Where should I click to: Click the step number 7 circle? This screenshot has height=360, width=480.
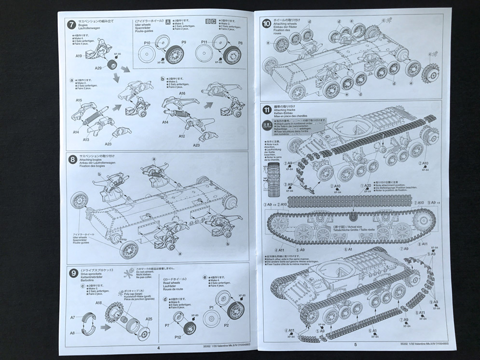pos(71,23)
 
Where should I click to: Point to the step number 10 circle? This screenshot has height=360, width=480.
pos(266,23)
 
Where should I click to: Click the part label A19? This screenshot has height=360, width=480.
pos(79,56)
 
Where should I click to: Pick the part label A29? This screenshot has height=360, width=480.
pos(98,69)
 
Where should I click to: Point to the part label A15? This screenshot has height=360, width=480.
pos(79,100)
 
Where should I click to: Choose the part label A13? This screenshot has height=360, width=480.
pos(86,139)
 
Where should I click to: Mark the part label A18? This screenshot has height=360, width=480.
pos(98,303)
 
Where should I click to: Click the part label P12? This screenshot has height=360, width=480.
pos(178,336)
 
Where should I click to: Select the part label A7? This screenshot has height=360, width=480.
pos(73,318)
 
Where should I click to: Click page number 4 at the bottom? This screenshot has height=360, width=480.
pos(158,346)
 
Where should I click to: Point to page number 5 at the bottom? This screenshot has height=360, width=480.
pos(355,345)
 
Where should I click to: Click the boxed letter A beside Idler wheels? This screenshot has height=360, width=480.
pos(168,22)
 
